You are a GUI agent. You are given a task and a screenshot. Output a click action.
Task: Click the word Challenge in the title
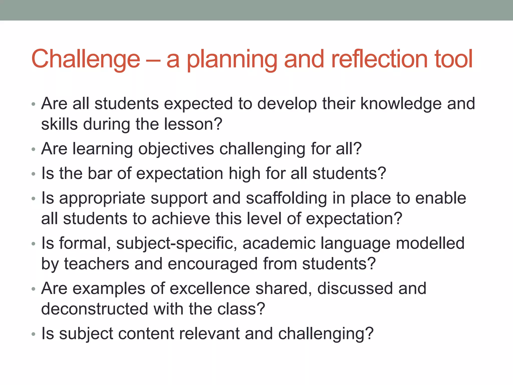coord(86,59)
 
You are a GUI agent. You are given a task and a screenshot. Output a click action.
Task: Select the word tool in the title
coord(454,59)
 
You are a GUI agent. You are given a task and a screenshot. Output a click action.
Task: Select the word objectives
coord(176,149)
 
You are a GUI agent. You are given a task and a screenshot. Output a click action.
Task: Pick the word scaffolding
coord(286,198)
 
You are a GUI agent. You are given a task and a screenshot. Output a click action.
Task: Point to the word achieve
coord(181,219)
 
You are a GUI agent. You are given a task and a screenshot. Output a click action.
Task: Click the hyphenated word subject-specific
coord(177,243)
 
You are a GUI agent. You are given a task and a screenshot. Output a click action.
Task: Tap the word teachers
coord(97,264)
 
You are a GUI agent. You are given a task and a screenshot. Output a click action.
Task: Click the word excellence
coord(210,288)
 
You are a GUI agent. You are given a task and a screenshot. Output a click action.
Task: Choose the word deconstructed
coord(95,309)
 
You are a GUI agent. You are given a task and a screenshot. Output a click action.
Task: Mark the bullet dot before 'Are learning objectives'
coord(34,150)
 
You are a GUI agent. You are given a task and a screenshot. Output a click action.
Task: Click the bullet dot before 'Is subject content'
coord(34,334)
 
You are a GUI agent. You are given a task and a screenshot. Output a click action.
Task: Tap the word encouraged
coord(213,264)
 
